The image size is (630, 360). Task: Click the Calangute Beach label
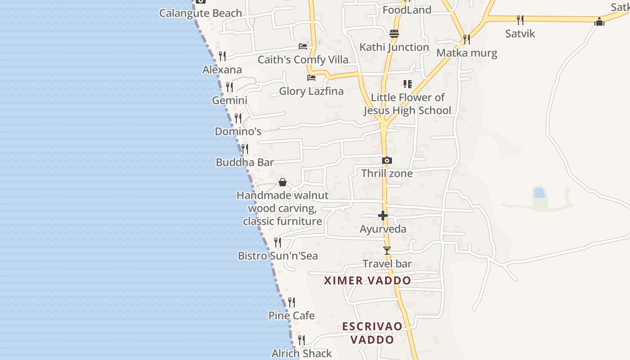pyautogui.click(x=200, y=13)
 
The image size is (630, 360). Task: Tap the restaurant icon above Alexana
pyautogui.click(x=222, y=56)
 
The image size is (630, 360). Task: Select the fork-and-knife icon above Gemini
pyautogui.click(x=229, y=87)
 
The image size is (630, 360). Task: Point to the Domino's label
pyautogui.click(x=238, y=131)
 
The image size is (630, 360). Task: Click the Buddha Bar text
pyautogui.click(x=245, y=162)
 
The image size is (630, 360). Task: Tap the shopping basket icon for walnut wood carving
pyautogui.click(x=283, y=182)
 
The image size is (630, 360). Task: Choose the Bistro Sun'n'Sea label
pyautogui.click(x=278, y=256)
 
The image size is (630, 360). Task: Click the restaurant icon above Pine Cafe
pyautogui.click(x=292, y=302)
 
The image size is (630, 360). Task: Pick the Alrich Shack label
pyautogui.click(x=301, y=353)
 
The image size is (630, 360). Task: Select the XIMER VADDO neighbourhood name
pyautogui.click(x=368, y=280)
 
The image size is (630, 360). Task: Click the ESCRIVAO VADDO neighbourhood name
pyautogui.click(x=372, y=333)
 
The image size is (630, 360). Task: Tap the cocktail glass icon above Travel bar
pyautogui.click(x=387, y=251)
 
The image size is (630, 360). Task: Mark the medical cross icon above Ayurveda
pyautogui.click(x=383, y=216)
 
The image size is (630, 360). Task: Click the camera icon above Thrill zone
pyautogui.click(x=387, y=160)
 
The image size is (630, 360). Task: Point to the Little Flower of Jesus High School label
pyautogui.click(x=407, y=104)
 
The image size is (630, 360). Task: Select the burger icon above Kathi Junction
pyautogui.click(x=394, y=34)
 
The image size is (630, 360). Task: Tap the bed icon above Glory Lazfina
pyautogui.click(x=311, y=78)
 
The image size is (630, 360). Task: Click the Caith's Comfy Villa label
pyautogui.click(x=303, y=59)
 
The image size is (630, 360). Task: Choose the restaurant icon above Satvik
pyautogui.click(x=520, y=20)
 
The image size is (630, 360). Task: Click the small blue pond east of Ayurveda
pyautogui.click(x=539, y=193)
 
